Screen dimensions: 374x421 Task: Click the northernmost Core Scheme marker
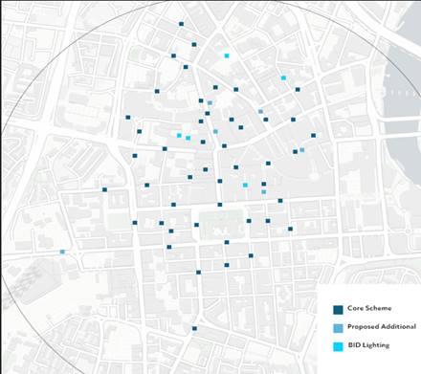180,23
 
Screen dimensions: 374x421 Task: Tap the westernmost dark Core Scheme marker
105,189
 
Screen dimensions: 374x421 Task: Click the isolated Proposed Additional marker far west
62,252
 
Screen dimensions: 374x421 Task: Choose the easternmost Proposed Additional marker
302,150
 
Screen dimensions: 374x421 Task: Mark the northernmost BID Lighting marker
227,56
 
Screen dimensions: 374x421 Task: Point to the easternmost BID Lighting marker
283,77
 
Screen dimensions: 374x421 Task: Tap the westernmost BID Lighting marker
179,136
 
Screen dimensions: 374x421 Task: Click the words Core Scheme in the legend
367,309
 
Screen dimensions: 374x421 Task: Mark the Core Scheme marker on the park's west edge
196,225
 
